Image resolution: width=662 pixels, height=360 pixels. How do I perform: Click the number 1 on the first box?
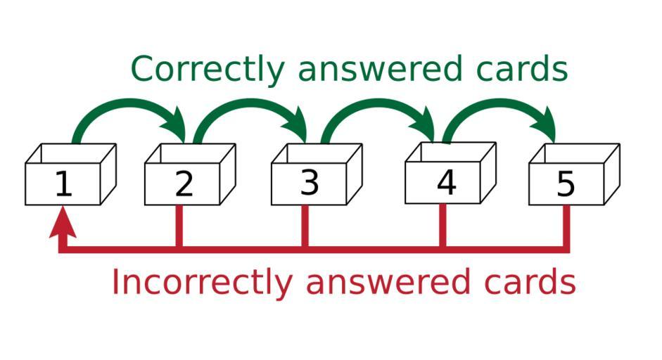pos(64,184)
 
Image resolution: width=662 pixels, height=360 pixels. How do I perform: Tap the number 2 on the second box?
pos(184,184)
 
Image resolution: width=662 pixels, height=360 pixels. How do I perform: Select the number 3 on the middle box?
pos(310,183)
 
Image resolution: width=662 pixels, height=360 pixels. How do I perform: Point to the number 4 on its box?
pos(447,183)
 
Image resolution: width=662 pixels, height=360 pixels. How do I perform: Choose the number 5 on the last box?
pos(566,184)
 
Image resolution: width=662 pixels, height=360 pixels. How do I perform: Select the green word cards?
pos(522,68)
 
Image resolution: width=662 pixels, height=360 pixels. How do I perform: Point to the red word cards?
pos(530,281)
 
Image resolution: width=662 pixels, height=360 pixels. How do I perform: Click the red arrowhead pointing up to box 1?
pos(63,221)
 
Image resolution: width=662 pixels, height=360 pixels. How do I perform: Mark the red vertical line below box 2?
pos(179,226)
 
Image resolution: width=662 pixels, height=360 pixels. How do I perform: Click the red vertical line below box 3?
pos(305,226)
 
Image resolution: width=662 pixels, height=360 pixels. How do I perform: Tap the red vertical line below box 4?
pos(443,226)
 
